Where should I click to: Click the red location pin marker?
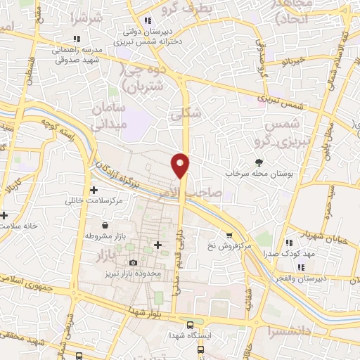(x=181, y=165)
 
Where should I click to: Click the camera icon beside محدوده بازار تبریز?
(x=133, y=262)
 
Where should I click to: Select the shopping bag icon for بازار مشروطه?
(x=105, y=226)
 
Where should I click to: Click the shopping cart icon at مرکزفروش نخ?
(x=229, y=236)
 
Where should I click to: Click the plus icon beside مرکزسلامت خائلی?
(x=94, y=191)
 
